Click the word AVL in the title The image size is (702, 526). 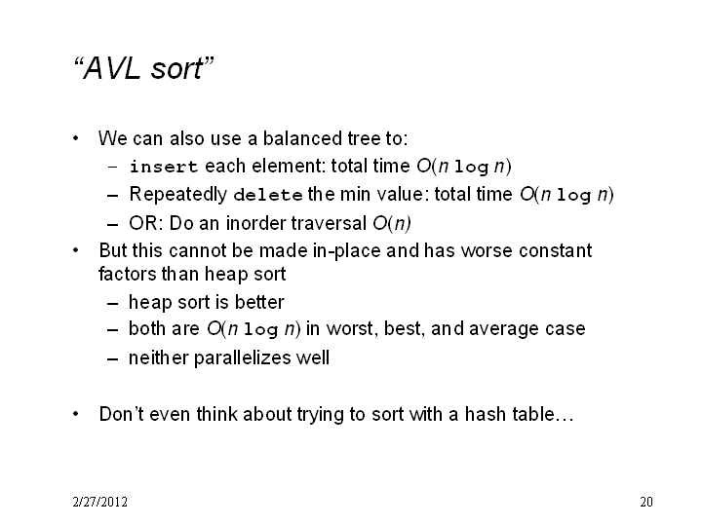tap(111, 68)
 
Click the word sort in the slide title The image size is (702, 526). tap(176, 69)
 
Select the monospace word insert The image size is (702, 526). tap(164, 167)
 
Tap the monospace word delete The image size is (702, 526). tap(268, 195)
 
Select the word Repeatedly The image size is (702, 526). tap(178, 195)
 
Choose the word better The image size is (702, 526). tap(259, 302)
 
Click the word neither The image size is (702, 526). tap(159, 357)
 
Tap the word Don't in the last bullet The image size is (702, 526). tap(122, 414)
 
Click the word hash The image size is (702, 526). tap(486, 414)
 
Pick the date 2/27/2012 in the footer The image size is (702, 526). tap(99, 502)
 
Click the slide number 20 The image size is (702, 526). tap(646, 502)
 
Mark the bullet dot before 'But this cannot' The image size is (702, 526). tap(76, 250)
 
